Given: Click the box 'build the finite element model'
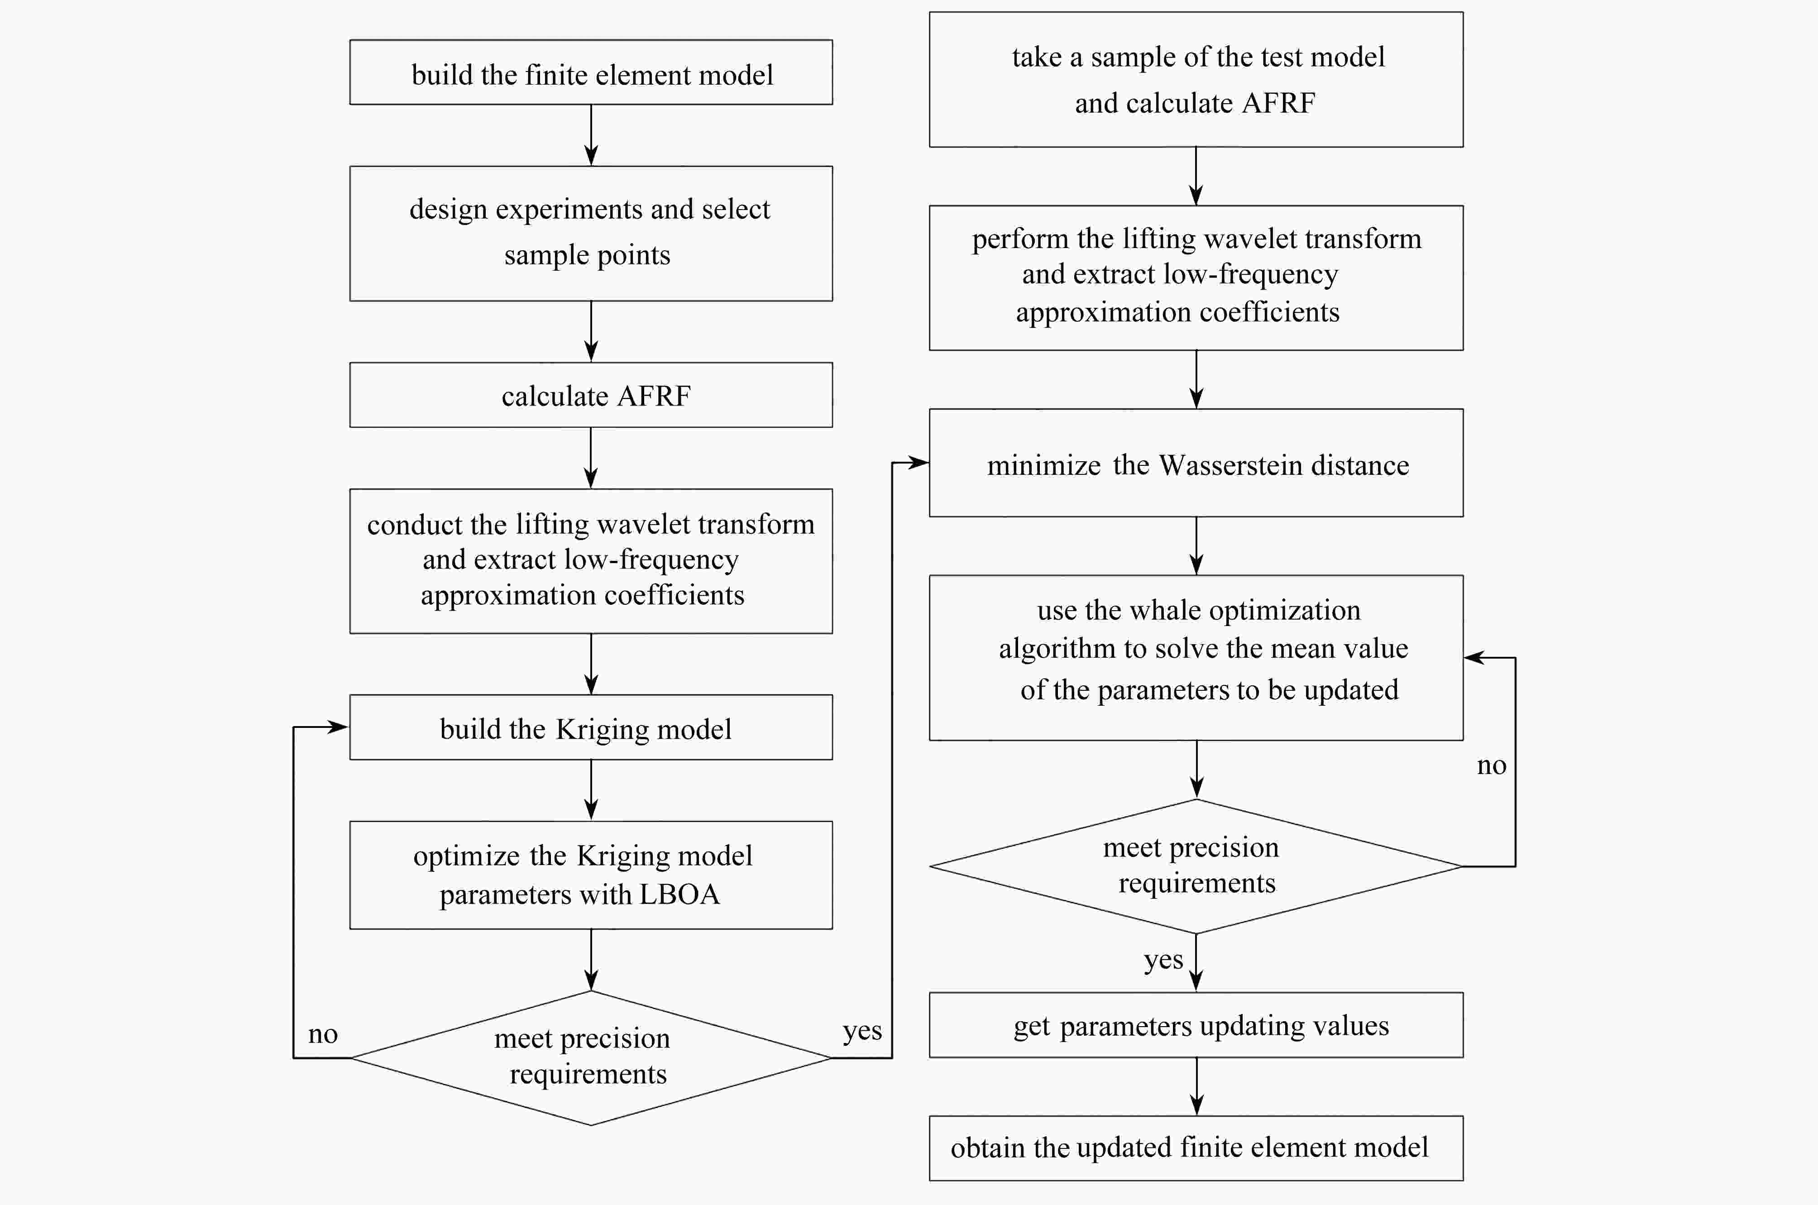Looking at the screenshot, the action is click(x=591, y=72).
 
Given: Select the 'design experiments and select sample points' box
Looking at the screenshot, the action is click(x=591, y=234).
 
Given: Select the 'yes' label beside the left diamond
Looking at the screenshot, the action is click(x=862, y=1031).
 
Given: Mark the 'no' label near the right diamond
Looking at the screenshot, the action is click(x=1492, y=765).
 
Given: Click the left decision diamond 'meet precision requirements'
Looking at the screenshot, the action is click(x=591, y=1058).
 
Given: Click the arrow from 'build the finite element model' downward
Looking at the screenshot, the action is click(x=591, y=135).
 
